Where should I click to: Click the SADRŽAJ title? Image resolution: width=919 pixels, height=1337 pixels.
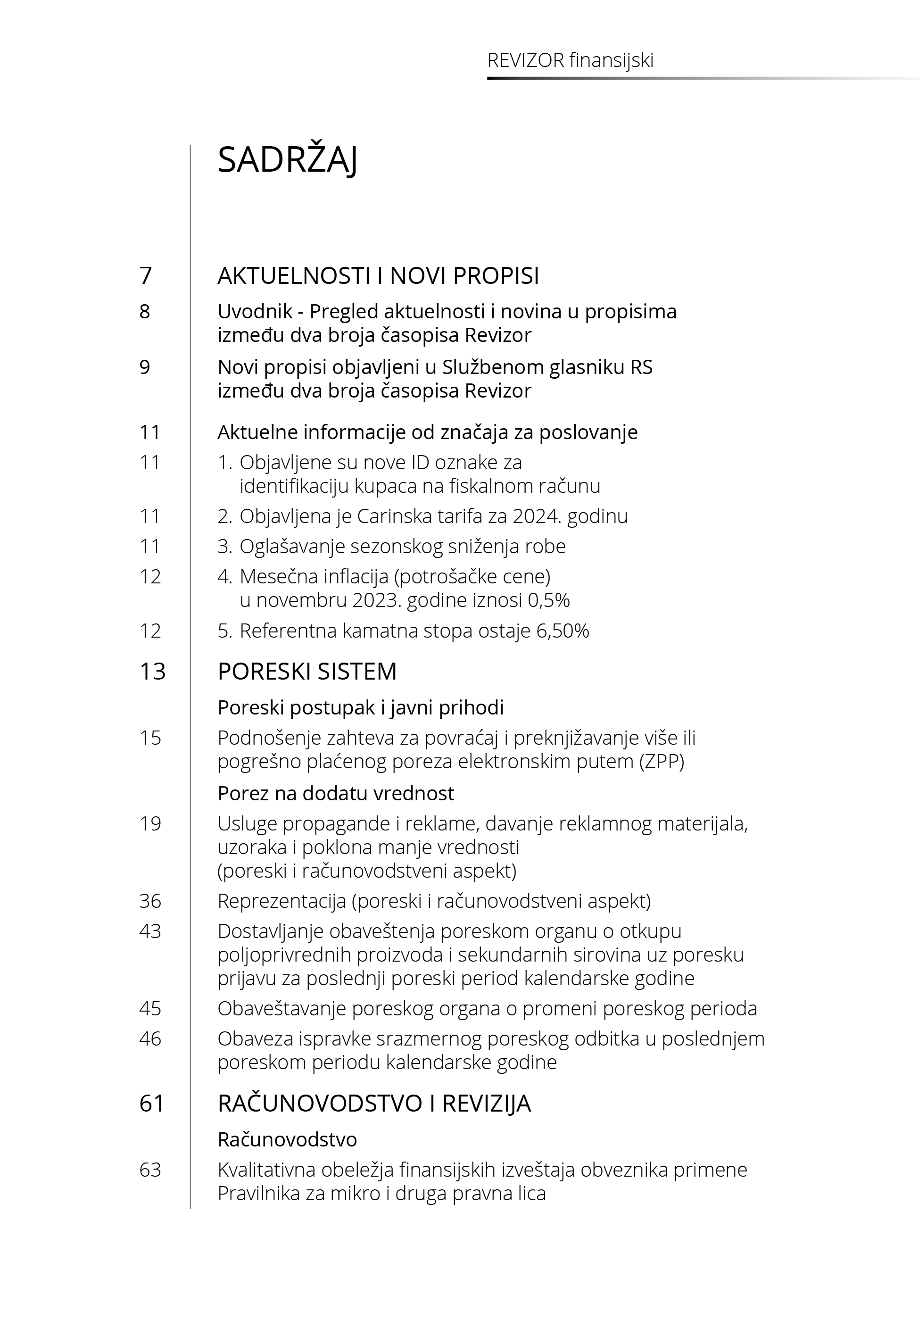click(x=287, y=160)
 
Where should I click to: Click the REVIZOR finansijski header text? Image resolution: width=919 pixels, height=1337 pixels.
click(x=570, y=60)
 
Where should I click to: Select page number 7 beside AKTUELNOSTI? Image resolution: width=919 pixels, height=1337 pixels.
click(x=146, y=276)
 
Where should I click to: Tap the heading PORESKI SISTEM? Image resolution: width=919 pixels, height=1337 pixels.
click(x=307, y=672)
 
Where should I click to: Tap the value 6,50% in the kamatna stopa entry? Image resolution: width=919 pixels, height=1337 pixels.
click(x=563, y=631)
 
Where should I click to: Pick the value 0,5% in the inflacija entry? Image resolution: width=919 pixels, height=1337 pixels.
click(x=549, y=600)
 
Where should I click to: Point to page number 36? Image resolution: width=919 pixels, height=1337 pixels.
click(x=150, y=901)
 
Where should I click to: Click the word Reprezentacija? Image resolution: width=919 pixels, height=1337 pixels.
click(x=281, y=901)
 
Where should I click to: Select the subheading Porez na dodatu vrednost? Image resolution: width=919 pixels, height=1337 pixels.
click(x=336, y=793)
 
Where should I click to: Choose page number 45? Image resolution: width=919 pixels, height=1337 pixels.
click(x=150, y=1009)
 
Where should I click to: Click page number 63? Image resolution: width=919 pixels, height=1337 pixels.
click(x=150, y=1170)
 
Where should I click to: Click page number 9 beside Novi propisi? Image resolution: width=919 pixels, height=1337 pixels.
click(x=145, y=367)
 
